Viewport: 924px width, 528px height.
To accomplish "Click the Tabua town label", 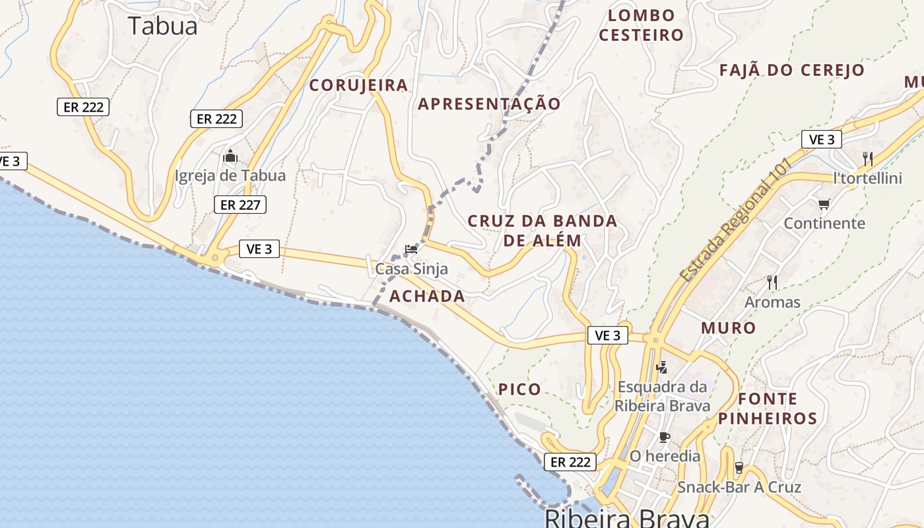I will pyautogui.click(x=162, y=26).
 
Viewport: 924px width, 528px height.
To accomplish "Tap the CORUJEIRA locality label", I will pyautogui.click(x=358, y=85).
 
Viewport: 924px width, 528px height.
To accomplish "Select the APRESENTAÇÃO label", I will pyautogui.click(x=489, y=104).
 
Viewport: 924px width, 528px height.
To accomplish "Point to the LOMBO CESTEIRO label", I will pyautogui.click(x=641, y=25).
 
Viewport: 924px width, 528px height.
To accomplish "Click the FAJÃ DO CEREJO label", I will pyautogui.click(x=791, y=70).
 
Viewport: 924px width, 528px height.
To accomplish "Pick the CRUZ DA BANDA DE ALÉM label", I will pyautogui.click(x=543, y=230).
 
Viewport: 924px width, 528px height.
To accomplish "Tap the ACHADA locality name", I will pyautogui.click(x=427, y=296).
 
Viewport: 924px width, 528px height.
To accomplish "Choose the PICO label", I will pyautogui.click(x=519, y=389).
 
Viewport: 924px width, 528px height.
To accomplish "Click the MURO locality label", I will pyautogui.click(x=728, y=328).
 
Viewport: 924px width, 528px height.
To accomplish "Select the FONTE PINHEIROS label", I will pyautogui.click(x=768, y=409).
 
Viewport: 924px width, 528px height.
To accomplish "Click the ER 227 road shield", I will pyautogui.click(x=240, y=205).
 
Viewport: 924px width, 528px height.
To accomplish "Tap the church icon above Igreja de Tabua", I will pyautogui.click(x=230, y=157).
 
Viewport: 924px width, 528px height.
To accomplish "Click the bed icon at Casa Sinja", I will pyautogui.click(x=411, y=249).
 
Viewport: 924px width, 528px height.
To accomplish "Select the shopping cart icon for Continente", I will pyautogui.click(x=823, y=205).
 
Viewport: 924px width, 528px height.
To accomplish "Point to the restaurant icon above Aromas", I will pyautogui.click(x=772, y=282).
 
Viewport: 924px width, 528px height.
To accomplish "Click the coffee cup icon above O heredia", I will pyautogui.click(x=665, y=437).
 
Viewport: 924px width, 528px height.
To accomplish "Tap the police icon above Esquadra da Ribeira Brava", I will pyautogui.click(x=662, y=367).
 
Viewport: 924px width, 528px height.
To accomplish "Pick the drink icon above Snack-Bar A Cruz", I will pyautogui.click(x=739, y=468).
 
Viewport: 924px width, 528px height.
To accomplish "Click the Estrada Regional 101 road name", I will pyautogui.click(x=735, y=221).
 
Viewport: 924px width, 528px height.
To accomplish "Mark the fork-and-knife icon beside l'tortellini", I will pyautogui.click(x=868, y=158).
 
